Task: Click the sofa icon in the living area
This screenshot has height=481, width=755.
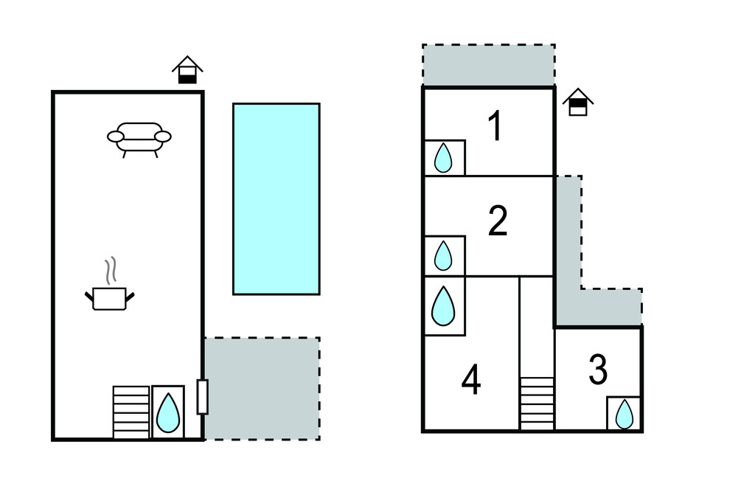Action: [x=139, y=138]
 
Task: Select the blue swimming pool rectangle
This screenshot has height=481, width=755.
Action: [x=276, y=198]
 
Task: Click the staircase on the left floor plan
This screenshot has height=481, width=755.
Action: [x=131, y=412]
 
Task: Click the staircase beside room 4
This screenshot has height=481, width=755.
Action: [x=537, y=403]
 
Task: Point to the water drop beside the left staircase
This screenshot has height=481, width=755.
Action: [x=168, y=412]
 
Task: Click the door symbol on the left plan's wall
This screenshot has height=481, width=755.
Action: [x=203, y=396]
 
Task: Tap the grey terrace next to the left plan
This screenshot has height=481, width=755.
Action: [x=261, y=388]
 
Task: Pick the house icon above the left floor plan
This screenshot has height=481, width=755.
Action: [x=187, y=70]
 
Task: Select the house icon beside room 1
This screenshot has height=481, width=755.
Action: [x=578, y=103]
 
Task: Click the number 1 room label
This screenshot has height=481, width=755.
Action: [x=496, y=126]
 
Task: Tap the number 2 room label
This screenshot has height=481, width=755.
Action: [x=498, y=221]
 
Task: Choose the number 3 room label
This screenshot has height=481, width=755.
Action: [x=598, y=370]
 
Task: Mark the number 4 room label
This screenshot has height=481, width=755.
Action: [x=471, y=381]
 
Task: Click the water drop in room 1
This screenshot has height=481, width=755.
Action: [x=443, y=158]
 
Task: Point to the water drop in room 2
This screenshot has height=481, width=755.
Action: [x=443, y=255]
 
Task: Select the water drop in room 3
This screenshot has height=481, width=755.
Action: [x=624, y=414]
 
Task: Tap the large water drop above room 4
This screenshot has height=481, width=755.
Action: [x=443, y=305]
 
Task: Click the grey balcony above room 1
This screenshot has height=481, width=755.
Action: [x=488, y=65]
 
